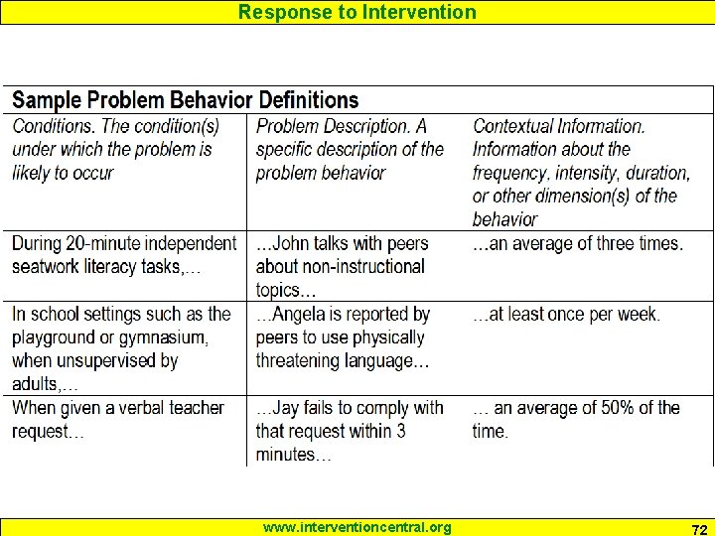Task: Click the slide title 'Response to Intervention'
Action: (357, 12)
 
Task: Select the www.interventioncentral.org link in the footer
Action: (357, 527)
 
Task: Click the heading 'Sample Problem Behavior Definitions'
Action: (185, 100)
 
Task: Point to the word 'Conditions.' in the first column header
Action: (55, 126)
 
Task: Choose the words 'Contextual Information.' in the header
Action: (559, 126)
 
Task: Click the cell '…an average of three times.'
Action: (578, 243)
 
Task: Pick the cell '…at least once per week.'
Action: (567, 314)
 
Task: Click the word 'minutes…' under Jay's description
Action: (293, 455)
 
